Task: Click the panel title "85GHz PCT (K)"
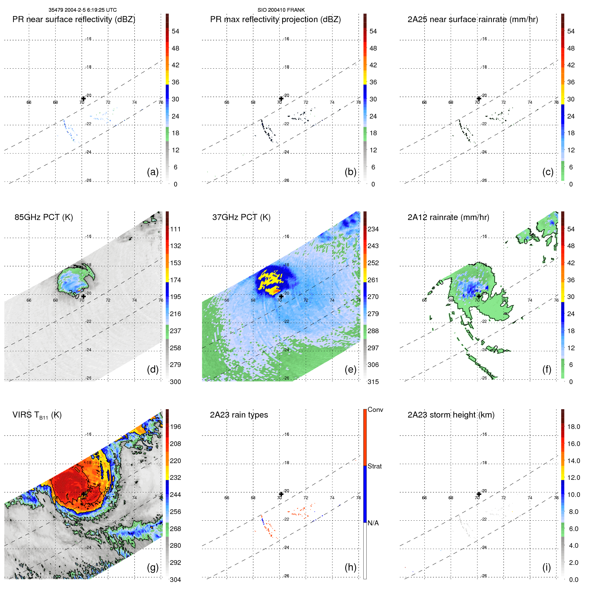pyautogui.click(x=44, y=217)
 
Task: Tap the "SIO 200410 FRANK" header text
pyautogui.click(x=281, y=10)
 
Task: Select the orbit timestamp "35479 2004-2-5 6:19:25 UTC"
pyautogui.click(x=82, y=10)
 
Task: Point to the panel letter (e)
pyautogui.click(x=350, y=369)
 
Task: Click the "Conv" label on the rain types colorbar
pyautogui.click(x=375, y=410)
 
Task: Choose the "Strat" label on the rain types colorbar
pyautogui.click(x=374, y=466)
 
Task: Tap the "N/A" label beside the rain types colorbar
pyautogui.click(x=373, y=523)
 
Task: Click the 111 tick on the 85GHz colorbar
pyautogui.click(x=175, y=229)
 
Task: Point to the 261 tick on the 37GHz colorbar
pyautogui.click(x=373, y=280)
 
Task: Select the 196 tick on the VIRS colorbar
pyautogui.click(x=175, y=427)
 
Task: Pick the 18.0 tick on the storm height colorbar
pyautogui.click(x=574, y=427)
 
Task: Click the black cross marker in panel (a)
pyautogui.click(x=83, y=98)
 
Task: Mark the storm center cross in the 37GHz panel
pyautogui.click(x=281, y=296)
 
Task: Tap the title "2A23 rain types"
pyautogui.click(x=239, y=415)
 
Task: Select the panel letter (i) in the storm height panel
pyautogui.click(x=546, y=567)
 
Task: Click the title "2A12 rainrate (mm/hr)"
pyautogui.click(x=448, y=217)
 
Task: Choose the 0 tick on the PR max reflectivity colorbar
pyautogui.click(x=373, y=184)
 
